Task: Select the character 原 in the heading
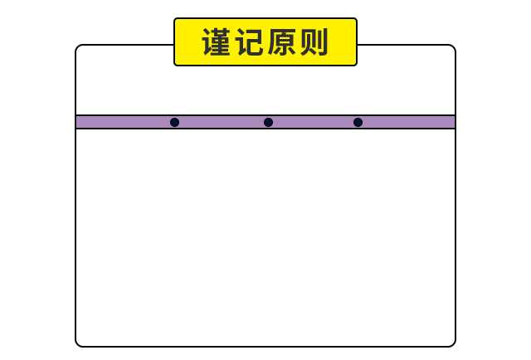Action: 281,42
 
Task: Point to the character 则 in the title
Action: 314,42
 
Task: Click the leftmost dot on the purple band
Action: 174,122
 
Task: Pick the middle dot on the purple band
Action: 268,122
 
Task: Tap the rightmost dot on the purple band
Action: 358,122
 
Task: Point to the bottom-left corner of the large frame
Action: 78,343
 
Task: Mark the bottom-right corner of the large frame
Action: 453,343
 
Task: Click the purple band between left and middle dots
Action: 221,122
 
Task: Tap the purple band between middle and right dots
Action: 313,122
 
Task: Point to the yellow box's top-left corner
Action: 176,20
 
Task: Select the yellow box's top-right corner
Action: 355,20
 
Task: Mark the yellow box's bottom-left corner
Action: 176,63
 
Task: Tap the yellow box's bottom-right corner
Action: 355,63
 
